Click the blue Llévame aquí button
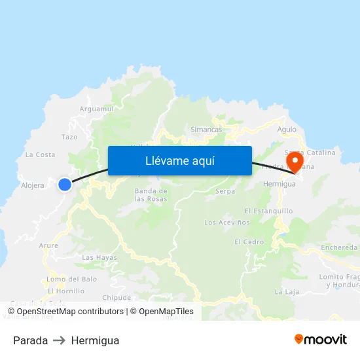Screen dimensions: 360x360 (x=179, y=160)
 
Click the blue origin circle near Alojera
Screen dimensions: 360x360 (x=65, y=185)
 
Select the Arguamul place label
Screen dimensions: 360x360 (x=96, y=109)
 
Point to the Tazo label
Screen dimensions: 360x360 (x=69, y=137)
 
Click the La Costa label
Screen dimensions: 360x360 (x=40, y=154)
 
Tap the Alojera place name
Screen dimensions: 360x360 (x=33, y=185)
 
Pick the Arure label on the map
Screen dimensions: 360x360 (x=48, y=245)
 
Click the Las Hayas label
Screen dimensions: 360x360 (x=99, y=258)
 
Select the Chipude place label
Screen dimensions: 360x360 (x=117, y=297)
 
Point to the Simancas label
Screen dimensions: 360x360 (x=206, y=130)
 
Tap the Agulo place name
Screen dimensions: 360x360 (x=287, y=130)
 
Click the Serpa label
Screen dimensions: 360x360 (x=225, y=192)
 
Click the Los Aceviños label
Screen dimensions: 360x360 (x=227, y=223)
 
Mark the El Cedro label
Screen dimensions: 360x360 (x=249, y=242)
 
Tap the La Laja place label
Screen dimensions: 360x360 (x=287, y=291)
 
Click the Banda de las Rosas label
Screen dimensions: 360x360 (x=151, y=195)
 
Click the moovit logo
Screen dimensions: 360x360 (x=321, y=340)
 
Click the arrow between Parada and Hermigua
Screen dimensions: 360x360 (x=60, y=340)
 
